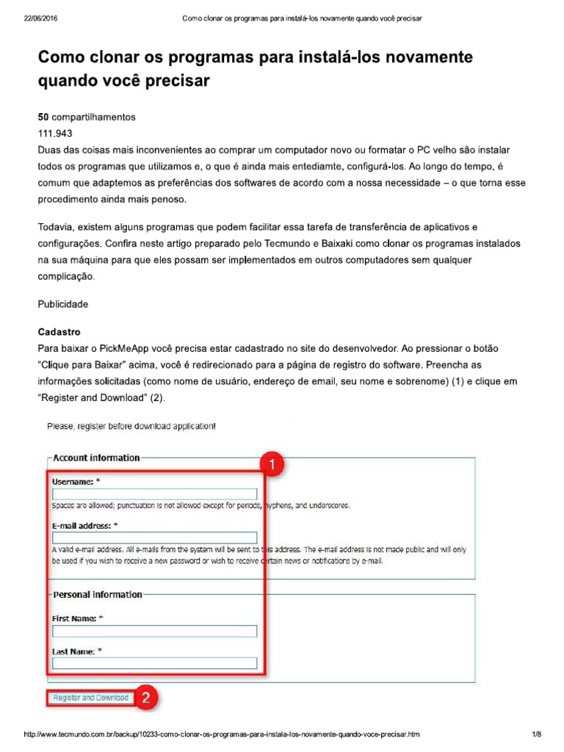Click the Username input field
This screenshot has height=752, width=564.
click(154, 494)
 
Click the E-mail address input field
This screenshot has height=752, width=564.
click(154, 538)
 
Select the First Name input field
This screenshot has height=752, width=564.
click(154, 631)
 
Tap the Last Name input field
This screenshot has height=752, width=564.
click(154, 663)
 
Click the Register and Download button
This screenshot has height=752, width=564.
click(90, 698)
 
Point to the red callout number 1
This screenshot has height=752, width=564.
click(271, 464)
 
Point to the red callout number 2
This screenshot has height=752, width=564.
click(146, 698)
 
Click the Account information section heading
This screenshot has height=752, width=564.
click(96, 458)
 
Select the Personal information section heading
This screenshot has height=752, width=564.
click(98, 594)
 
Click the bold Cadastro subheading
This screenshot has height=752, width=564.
click(59, 332)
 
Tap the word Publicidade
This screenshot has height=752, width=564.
click(62, 303)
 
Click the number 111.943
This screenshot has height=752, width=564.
click(55, 134)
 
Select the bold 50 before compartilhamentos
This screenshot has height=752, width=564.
click(43, 117)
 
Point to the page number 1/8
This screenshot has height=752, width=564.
click(536, 734)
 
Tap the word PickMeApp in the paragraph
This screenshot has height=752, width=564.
click(126, 348)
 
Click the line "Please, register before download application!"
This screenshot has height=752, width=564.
click(131, 426)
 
